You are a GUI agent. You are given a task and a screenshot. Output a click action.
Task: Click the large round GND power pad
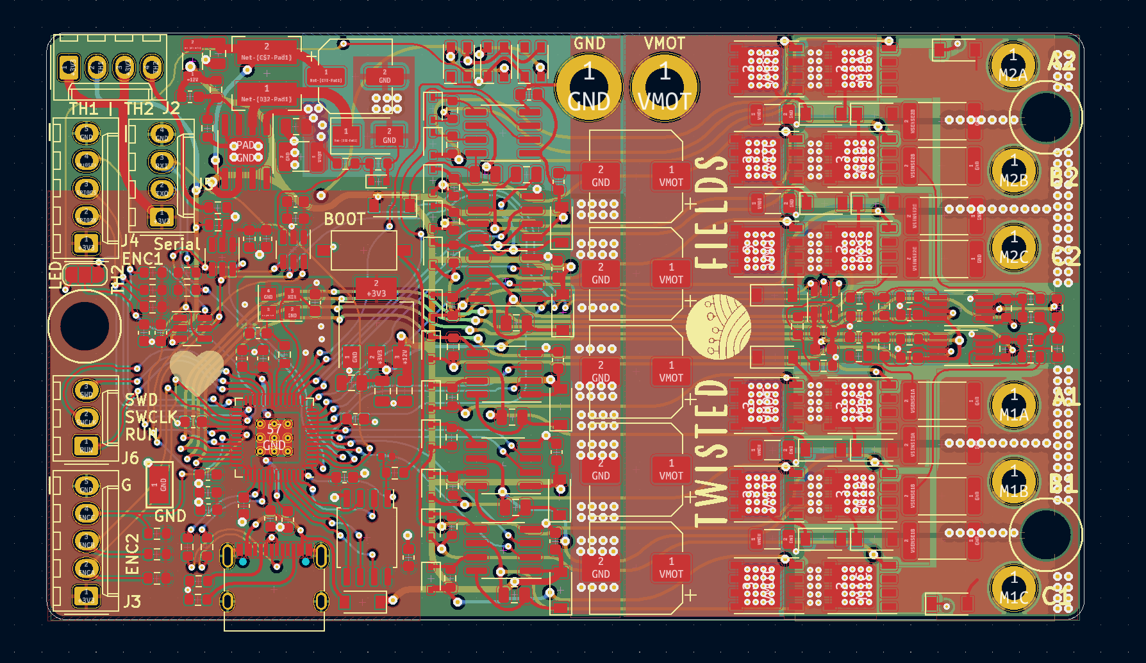[x=588, y=85]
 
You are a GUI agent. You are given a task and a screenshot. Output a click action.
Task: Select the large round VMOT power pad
[x=665, y=85]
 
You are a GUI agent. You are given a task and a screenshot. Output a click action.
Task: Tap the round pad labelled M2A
[x=1013, y=65]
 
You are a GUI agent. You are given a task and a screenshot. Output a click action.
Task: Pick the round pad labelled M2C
[x=1013, y=248]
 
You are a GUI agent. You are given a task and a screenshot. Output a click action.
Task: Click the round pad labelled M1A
[x=1013, y=405]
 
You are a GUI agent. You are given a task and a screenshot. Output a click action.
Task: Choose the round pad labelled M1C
[x=1013, y=588]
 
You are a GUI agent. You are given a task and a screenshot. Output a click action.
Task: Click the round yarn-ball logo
[x=718, y=326]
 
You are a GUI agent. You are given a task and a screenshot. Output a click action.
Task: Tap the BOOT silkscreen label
[x=344, y=219]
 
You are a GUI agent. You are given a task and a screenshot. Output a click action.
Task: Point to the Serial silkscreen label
[x=177, y=244]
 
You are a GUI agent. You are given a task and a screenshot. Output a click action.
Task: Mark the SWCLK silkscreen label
[x=151, y=417]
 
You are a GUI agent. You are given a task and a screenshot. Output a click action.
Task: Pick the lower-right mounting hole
[x=1045, y=533]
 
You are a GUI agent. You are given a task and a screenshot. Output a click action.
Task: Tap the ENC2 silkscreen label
[x=132, y=554]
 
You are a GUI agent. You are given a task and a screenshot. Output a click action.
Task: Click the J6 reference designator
[x=130, y=458]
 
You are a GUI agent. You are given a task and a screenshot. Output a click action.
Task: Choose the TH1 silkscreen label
[x=84, y=109]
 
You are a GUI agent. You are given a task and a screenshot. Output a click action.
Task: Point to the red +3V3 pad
[x=376, y=289]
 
